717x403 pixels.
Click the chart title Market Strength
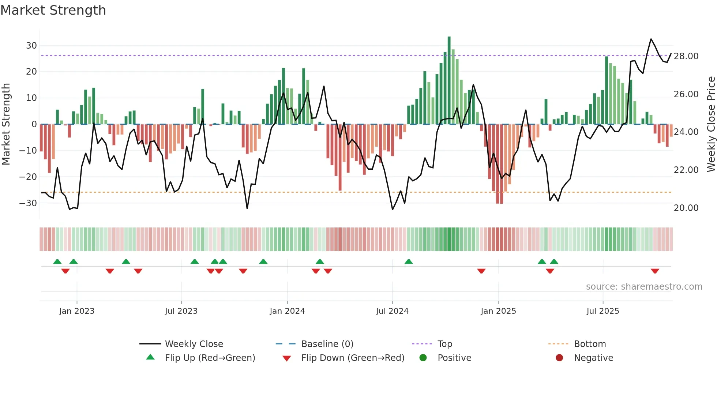click(53, 10)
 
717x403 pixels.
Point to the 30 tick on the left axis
click(31, 46)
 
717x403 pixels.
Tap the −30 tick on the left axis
click(29, 203)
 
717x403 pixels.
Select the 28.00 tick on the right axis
click(686, 56)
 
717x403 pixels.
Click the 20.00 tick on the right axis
click(686, 208)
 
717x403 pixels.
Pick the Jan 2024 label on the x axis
click(287, 311)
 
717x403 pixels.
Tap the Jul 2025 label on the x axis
click(602, 311)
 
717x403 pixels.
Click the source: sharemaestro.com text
click(644, 287)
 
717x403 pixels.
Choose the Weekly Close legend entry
click(194, 344)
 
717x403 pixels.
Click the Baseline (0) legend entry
click(327, 344)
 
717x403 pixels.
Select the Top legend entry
click(445, 344)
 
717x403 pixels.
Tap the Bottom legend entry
click(590, 344)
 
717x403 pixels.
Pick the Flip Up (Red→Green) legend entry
click(210, 358)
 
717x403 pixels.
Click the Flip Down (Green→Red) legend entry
click(353, 358)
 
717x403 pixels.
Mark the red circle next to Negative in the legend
click(559, 358)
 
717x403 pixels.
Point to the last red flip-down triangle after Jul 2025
click(655, 271)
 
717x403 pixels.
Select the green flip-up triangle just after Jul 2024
click(409, 261)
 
